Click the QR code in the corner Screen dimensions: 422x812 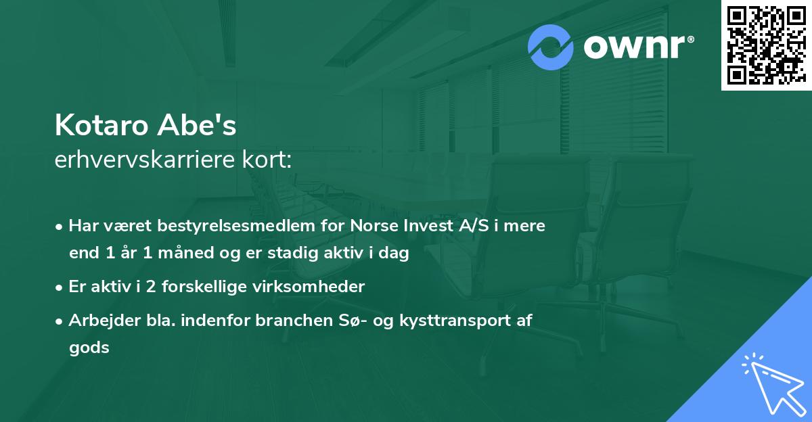[x=766, y=45]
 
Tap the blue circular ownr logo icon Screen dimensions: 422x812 [x=551, y=47]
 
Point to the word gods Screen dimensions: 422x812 [x=89, y=348]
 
